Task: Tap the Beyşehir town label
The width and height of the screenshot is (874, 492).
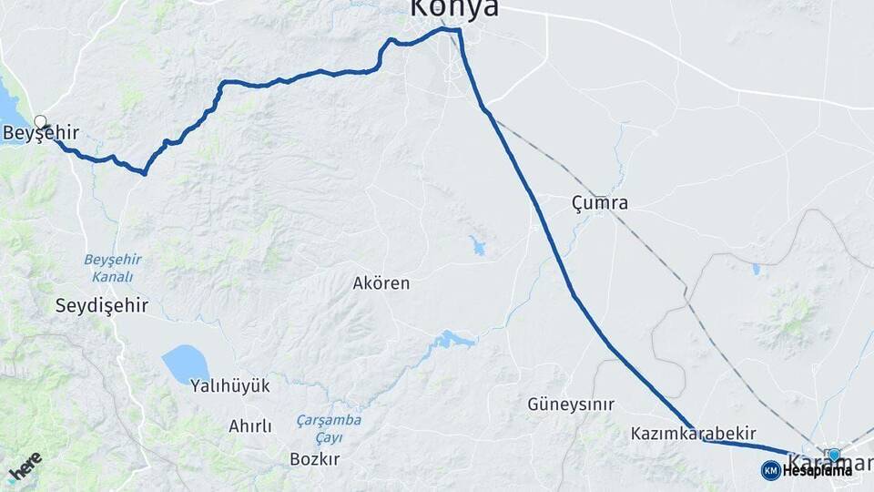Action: pos(40,135)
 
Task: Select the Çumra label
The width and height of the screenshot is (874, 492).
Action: pos(600,202)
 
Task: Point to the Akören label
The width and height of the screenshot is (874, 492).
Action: pos(381,283)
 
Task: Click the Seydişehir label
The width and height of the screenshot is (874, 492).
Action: pos(102,305)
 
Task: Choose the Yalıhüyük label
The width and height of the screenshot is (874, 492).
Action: pos(230,385)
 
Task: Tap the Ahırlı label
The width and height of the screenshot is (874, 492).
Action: pos(250,426)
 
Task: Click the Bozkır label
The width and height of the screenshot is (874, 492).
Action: pos(314,459)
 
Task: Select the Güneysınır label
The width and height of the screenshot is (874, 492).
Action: pos(571,404)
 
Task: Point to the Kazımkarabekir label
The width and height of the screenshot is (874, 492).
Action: pos(694,435)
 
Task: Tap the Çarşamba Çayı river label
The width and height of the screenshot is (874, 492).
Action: pos(329,428)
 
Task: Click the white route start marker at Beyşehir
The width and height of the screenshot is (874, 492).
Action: pos(40,121)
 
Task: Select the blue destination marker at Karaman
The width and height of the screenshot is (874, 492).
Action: pos(834,455)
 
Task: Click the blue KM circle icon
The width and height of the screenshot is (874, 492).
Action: pos(771,470)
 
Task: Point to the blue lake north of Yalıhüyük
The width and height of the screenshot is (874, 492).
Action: pos(185,364)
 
